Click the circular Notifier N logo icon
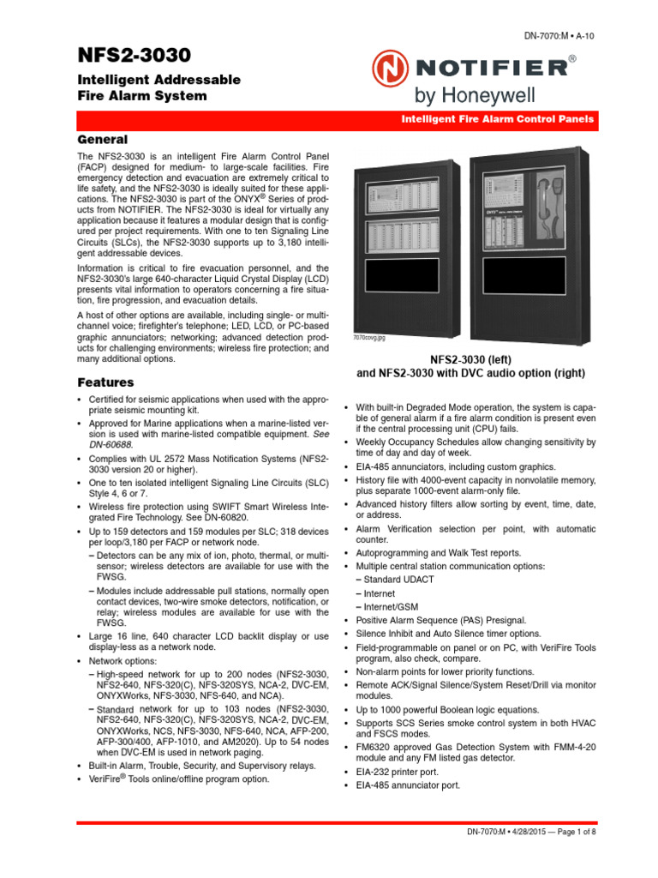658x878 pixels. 389,68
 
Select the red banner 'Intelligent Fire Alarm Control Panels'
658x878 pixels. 498,120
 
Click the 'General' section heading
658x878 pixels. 103,139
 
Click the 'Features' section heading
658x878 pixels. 105,382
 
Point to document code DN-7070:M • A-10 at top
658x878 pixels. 559,34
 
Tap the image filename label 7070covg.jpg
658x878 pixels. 369,338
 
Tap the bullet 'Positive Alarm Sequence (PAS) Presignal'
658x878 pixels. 441,619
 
